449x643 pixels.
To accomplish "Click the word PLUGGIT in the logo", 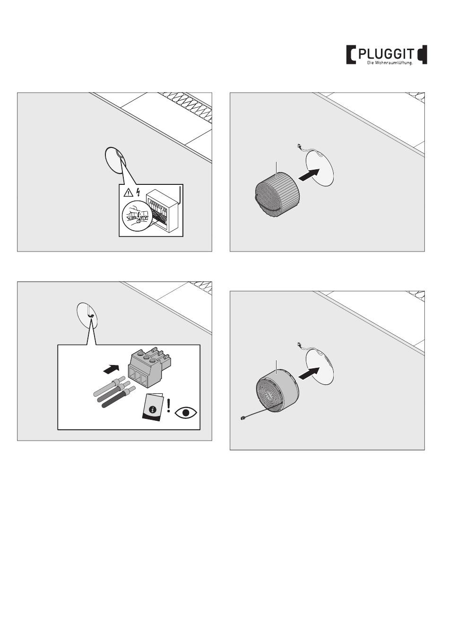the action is (x=387, y=53).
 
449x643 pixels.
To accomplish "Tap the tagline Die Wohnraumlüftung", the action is (x=390, y=63).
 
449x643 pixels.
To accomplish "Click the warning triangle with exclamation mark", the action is (x=128, y=193).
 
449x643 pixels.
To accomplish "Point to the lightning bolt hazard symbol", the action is (x=138, y=192).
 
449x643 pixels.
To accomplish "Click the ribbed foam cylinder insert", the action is (x=277, y=195).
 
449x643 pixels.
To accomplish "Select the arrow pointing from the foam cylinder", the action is (x=309, y=174).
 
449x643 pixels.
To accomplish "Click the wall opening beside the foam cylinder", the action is (x=320, y=168).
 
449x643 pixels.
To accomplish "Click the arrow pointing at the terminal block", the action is (x=111, y=369).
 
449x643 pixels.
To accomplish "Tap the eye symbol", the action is (x=186, y=412).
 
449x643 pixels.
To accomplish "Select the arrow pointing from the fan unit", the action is (x=309, y=373).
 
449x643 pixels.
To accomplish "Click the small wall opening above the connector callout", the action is (x=87, y=314).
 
